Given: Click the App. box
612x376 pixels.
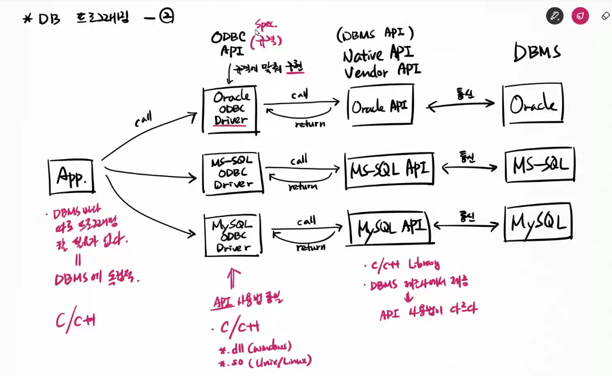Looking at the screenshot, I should pyautogui.click(x=72, y=177).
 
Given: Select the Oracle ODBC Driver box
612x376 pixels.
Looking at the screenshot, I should pyautogui.click(x=231, y=109).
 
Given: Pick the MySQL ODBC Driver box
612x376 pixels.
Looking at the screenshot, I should pyautogui.click(x=232, y=236).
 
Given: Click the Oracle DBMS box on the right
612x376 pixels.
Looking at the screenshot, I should pyautogui.click(x=533, y=104).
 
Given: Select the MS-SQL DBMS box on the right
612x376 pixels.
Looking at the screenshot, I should pyautogui.click(x=540, y=165).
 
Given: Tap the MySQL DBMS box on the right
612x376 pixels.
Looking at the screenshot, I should pyautogui.click(x=538, y=223).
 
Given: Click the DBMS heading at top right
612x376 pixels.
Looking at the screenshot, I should pyautogui.click(x=537, y=53).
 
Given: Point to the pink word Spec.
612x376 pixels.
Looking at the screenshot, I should pyautogui.click(x=267, y=24).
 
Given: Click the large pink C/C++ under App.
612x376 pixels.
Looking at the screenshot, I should pyautogui.click(x=75, y=321).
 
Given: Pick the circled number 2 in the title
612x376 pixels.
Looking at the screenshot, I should pyautogui.click(x=166, y=17).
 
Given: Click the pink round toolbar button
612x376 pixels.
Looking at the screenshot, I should pyautogui.click(x=580, y=16).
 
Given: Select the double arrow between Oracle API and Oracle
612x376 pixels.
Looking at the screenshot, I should pyautogui.click(x=460, y=103).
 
